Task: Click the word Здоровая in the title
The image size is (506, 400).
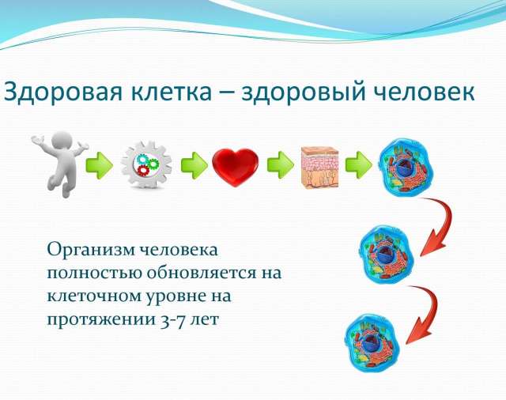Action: tap(63, 92)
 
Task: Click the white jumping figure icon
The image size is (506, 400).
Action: tap(60, 164)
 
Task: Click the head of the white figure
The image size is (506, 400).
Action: tap(62, 142)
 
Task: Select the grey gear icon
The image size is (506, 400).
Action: tap(146, 165)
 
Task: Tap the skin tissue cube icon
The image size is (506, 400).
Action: tap(319, 167)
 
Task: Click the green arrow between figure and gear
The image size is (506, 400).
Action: tap(100, 165)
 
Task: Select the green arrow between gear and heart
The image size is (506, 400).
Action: tap(194, 165)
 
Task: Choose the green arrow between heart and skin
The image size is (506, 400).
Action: tap(281, 165)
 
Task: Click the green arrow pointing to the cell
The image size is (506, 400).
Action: tap(358, 165)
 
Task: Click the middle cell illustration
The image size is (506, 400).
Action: tap(387, 254)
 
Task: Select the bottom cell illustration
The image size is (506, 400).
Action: tap(372, 342)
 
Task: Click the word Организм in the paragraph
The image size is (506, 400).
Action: tap(90, 250)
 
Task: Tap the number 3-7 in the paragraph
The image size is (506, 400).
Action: tap(173, 320)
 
